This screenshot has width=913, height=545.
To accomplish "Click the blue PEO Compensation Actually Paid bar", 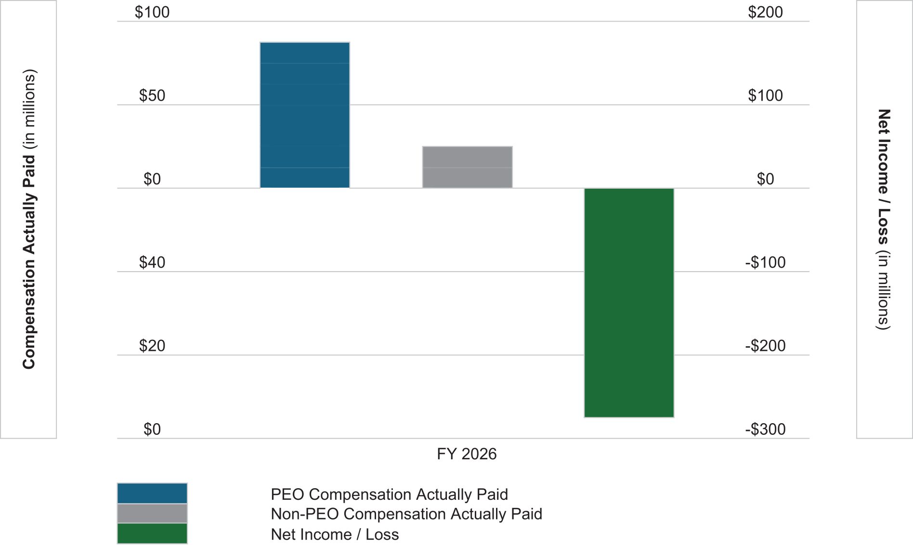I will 305,115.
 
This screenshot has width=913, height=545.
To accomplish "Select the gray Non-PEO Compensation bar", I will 467,167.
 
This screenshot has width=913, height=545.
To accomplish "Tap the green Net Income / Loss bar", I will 629,302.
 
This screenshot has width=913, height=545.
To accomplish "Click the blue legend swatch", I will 152,493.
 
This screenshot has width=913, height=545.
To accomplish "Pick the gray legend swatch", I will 152,513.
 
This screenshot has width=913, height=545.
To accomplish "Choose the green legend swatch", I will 152,533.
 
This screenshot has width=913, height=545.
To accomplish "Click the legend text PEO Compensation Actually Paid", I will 389,494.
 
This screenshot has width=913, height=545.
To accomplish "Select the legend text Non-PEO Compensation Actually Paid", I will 406,514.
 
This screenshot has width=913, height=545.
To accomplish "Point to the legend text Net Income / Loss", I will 335,534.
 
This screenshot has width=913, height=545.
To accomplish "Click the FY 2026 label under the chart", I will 467,454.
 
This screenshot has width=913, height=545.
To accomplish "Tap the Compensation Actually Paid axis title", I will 29,219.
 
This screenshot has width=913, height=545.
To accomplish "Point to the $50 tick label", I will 152,96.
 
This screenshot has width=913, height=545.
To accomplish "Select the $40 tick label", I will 152,262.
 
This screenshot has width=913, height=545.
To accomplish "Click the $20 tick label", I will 152,346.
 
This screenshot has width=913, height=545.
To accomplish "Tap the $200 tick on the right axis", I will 765,12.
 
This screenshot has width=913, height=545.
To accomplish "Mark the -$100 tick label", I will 765,262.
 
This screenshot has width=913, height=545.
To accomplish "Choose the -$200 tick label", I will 765,346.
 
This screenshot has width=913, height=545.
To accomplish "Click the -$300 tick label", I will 765,429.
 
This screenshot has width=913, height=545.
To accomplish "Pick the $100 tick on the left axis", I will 152,12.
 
